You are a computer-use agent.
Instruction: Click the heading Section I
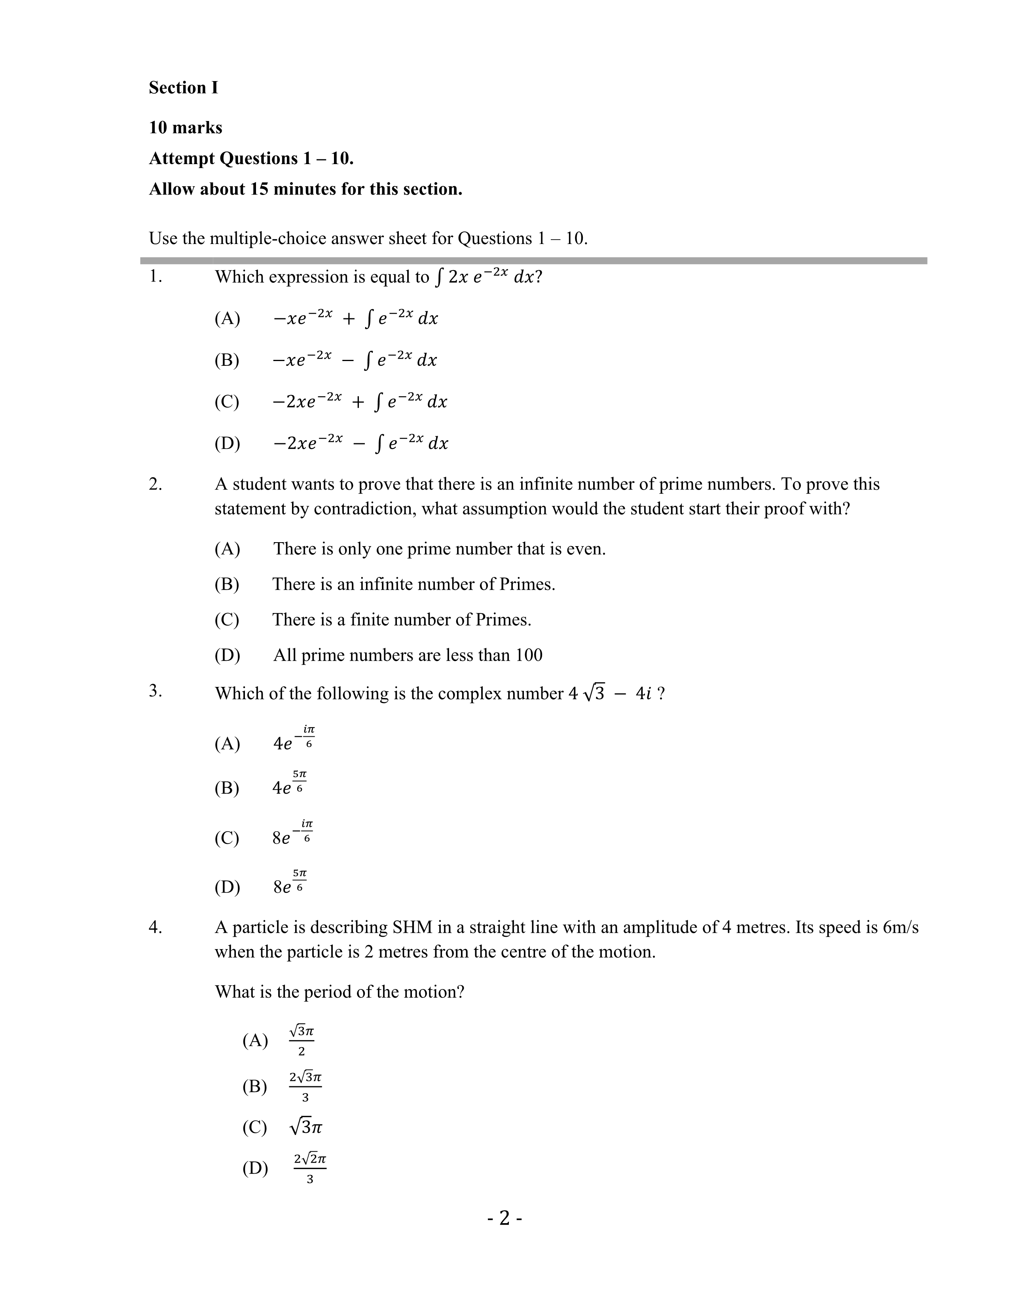click(184, 88)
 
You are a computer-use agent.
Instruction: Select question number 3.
click(156, 691)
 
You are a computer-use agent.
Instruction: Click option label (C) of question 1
click(227, 401)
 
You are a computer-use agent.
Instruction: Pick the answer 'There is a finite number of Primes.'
click(402, 620)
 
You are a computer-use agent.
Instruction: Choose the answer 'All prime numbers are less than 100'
click(408, 656)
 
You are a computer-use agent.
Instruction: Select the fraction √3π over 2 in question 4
click(301, 1040)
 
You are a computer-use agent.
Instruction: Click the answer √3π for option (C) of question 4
click(305, 1127)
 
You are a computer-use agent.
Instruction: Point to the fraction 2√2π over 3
click(310, 1168)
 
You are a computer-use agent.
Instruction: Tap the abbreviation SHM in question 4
click(412, 927)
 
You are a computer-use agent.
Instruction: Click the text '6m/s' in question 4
click(900, 927)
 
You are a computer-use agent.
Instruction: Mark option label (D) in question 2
click(227, 656)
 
